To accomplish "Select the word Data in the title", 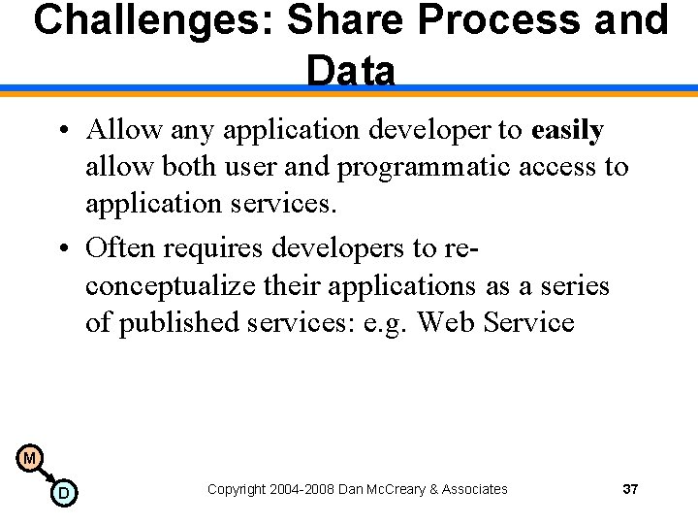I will (x=350, y=71).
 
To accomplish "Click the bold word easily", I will (x=567, y=130).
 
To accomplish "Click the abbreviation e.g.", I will (x=385, y=324).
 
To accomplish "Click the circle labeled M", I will (x=30, y=458).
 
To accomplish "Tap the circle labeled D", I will (x=64, y=493).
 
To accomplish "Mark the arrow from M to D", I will (x=47, y=475).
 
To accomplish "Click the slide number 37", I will (x=630, y=489).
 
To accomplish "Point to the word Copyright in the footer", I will (x=238, y=490).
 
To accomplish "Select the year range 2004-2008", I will (x=303, y=489).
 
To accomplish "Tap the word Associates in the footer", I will (x=475, y=489).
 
